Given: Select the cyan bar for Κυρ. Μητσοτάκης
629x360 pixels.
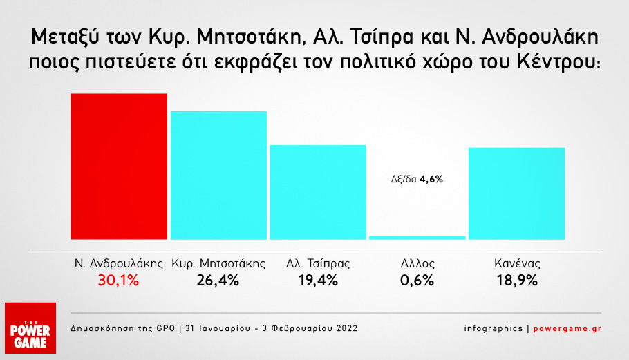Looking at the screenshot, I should pyautogui.click(x=218, y=175).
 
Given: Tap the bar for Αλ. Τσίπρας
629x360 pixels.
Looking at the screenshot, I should pyautogui.click(x=317, y=191).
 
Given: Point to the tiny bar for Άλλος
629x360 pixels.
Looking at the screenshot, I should pyautogui.click(x=417, y=238).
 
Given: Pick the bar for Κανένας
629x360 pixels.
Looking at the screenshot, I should pyautogui.click(x=516, y=193).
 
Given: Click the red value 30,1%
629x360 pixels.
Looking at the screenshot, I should pyautogui.click(x=118, y=281).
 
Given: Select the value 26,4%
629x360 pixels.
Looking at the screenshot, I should pyautogui.click(x=218, y=281).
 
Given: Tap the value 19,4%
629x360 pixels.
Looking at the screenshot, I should pyautogui.click(x=317, y=281).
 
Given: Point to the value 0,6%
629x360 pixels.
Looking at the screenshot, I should pyautogui.click(x=417, y=281).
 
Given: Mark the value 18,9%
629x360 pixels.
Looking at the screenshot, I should pyautogui.click(x=516, y=281).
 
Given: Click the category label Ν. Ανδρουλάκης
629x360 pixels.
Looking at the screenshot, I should pyautogui.click(x=118, y=263).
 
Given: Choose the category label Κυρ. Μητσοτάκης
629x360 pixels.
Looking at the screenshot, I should pyautogui.click(x=218, y=263).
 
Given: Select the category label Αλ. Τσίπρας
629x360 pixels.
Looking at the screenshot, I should pyautogui.click(x=317, y=263).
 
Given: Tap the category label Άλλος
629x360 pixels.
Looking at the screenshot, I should pyautogui.click(x=417, y=263).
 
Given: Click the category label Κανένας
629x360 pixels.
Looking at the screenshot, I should pyautogui.click(x=516, y=263).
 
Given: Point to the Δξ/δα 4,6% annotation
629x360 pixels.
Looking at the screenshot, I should pyautogui.click(x=417, y=179).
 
